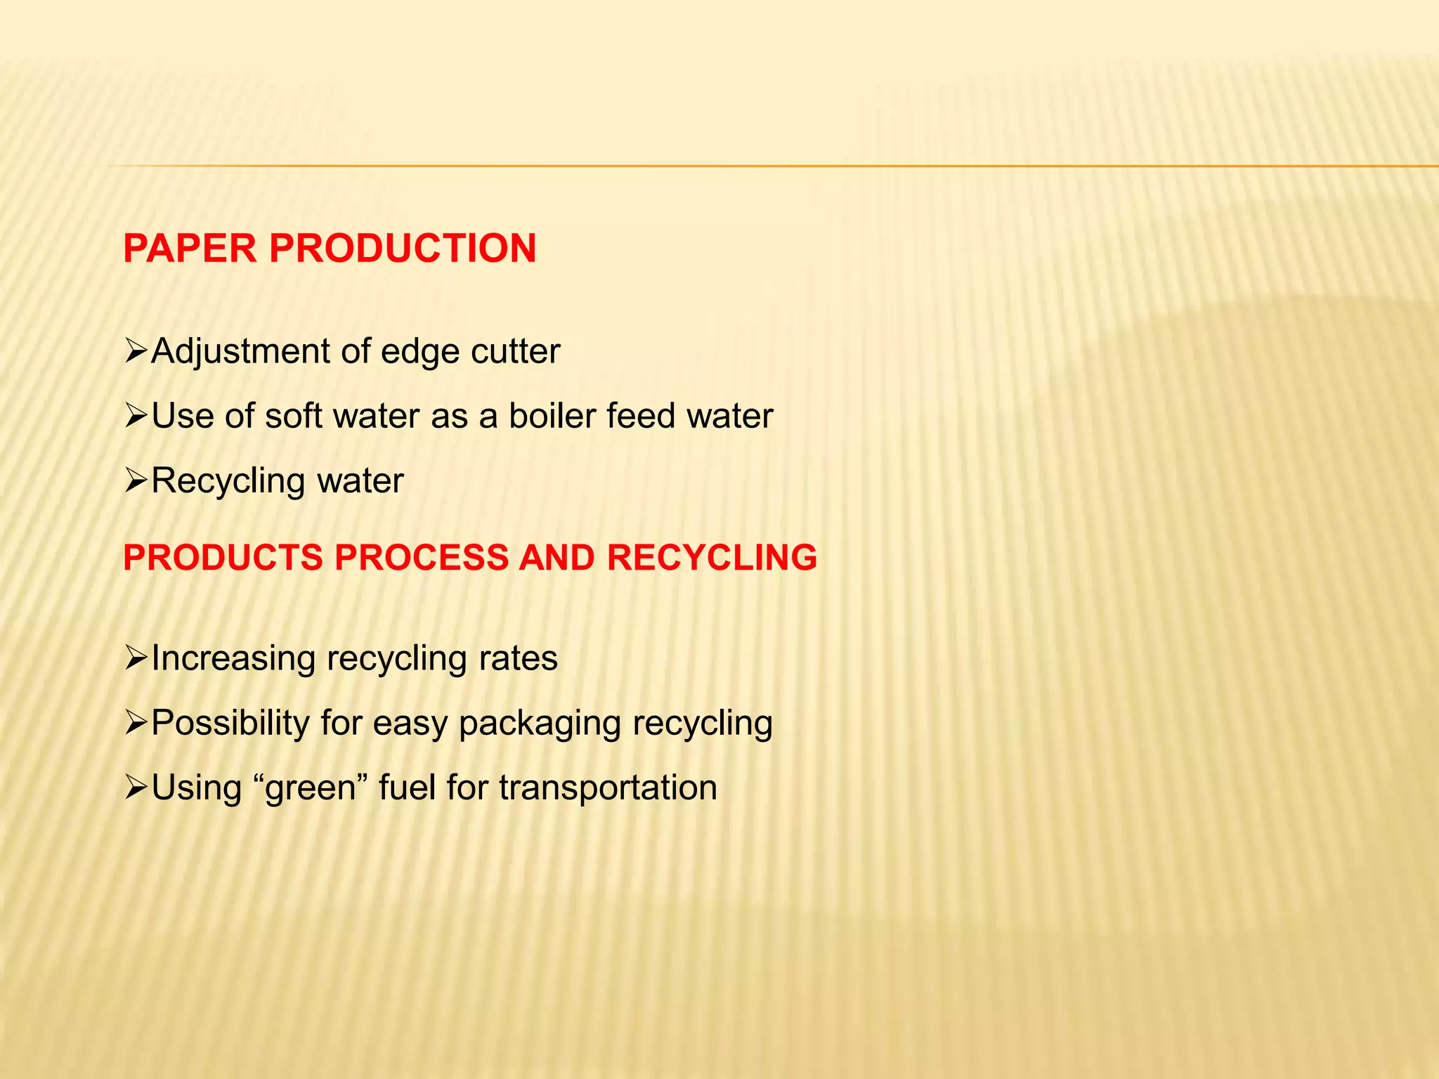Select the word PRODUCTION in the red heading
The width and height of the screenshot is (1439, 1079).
(403, 249)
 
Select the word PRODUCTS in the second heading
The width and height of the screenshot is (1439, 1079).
(223, 558)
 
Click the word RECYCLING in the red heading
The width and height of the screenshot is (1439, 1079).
(712, 558)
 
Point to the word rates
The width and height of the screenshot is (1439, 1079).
(518, 659)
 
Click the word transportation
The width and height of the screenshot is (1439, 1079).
(608, 787)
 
